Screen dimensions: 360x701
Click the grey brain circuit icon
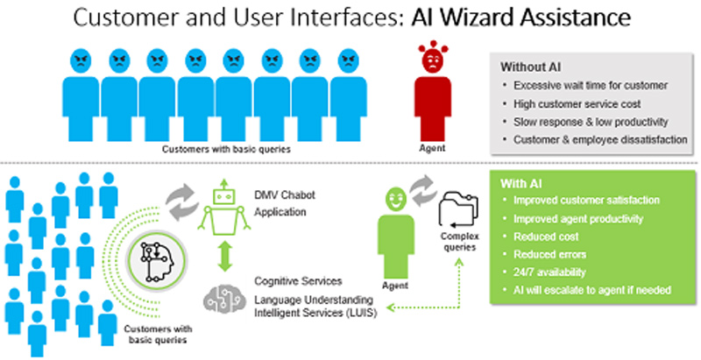click(223, 298)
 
